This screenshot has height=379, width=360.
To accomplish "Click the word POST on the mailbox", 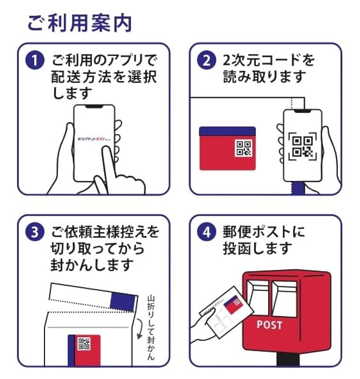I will (x=269, y=325).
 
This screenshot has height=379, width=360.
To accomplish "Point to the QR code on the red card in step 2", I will (x=243, y=148).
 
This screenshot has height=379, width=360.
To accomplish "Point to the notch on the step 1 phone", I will (x=94, y=107).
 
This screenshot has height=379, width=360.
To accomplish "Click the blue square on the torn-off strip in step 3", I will (x=122, y=302).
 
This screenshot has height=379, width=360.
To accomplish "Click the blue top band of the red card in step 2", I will (x=227, y=131).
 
